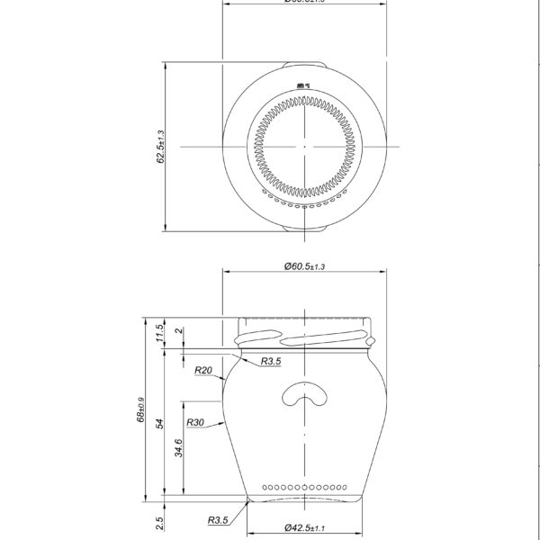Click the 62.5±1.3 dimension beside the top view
[161, 146]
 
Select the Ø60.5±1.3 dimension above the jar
[304, 266]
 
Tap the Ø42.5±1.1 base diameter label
[304, 528]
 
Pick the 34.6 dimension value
[179, 447]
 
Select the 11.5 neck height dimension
[160, 334]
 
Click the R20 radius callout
[202, 370]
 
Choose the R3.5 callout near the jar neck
[271, 361]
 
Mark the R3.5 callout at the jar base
[216, 520]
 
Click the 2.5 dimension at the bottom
[160, 521]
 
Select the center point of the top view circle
[304, 146]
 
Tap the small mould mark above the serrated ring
[304, 86]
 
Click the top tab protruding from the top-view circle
[304, 64]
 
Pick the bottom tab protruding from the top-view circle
[304, 229]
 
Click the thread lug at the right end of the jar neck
[369, 342]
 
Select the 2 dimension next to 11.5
[179, 332]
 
